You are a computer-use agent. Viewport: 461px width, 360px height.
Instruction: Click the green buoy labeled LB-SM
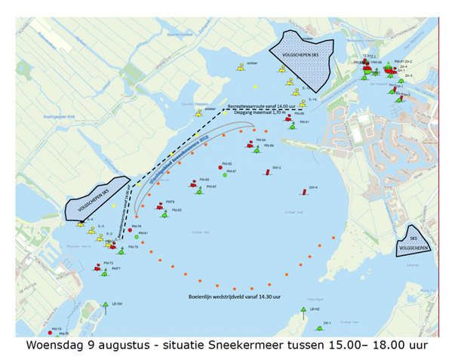pos(106,305)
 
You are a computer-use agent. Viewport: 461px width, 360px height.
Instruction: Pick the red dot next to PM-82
pos(220,166)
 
